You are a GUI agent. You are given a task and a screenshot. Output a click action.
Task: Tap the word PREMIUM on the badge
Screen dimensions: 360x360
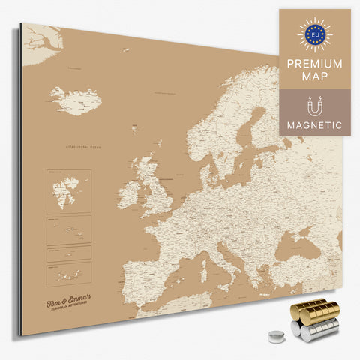point(315,64)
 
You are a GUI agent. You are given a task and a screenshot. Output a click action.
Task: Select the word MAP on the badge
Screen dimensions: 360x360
point(315,77)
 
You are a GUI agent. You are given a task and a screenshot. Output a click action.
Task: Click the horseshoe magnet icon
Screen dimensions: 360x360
point(314,106)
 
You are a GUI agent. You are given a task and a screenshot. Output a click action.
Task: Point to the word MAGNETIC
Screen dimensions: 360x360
point(315,125)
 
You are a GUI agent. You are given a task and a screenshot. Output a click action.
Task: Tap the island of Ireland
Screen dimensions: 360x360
point(128,194)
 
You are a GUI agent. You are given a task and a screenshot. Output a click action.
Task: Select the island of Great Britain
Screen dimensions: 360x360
point(154,187)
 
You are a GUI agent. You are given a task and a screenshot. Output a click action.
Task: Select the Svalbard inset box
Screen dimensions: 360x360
point(68,190)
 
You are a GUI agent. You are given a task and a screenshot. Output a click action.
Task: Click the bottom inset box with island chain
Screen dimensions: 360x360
point(68,272)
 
